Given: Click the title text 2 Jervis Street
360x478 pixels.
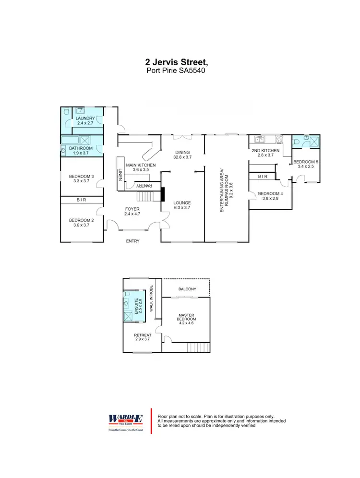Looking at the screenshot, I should (177, 62).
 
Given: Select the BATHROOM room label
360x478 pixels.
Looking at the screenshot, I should (80, 148).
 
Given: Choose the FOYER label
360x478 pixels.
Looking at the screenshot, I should (132, 209).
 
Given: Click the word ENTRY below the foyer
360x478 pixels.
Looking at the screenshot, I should (132, 241).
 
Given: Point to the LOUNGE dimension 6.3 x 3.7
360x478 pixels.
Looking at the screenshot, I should (182, 208).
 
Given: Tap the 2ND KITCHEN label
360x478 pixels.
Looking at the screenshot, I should (263, 150).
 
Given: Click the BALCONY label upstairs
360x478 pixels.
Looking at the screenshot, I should (187, 289).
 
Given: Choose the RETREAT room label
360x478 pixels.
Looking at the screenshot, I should (143, 335).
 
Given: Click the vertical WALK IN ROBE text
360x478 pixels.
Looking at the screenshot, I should (151, 298).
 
